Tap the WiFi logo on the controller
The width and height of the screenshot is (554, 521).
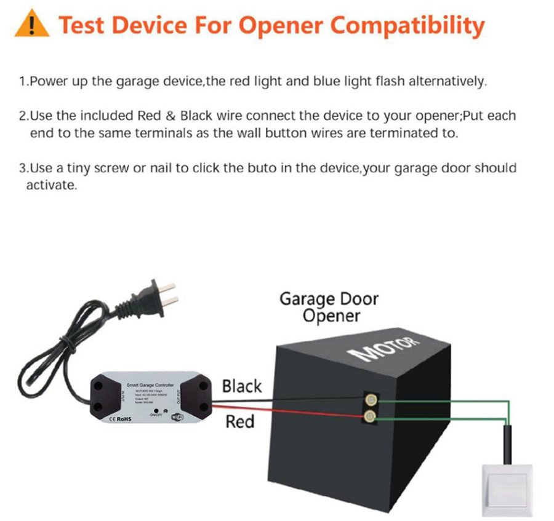point(176,417)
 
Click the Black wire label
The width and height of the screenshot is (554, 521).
point(242,386)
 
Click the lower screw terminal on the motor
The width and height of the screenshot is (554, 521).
point(371,418)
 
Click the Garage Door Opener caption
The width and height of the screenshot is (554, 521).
point(329,307)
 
